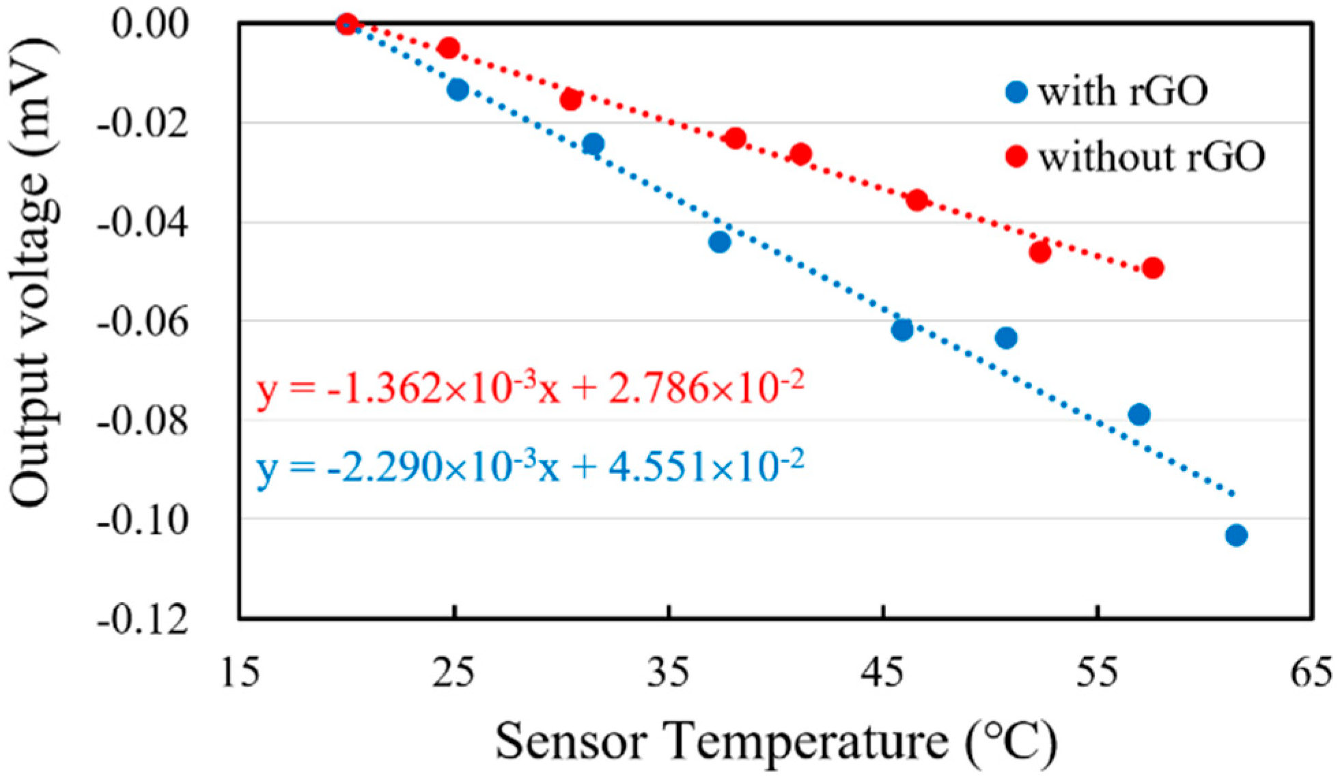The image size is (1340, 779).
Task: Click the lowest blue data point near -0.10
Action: coord(1236,535)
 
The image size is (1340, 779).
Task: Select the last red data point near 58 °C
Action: coord(1152,268)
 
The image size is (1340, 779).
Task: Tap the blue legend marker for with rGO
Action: coord(1016,91)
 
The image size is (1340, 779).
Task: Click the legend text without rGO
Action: coord(1151,156)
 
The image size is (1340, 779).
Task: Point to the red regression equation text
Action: coord(530,388)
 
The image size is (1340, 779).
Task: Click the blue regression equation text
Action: coord(530,467)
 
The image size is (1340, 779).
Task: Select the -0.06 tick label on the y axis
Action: coord(142,322)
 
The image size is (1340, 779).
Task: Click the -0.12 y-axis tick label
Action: coord(142,620)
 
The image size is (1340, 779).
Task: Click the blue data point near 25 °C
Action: coord(458,89)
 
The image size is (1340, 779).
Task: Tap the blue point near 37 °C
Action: coord(719,242)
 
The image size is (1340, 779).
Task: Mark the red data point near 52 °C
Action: coord(1039,252)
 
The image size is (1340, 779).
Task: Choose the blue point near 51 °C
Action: coord(1005,337)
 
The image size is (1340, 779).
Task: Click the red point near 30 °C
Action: coord(570,100)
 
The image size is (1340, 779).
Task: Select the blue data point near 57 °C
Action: coord(1139,414)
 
